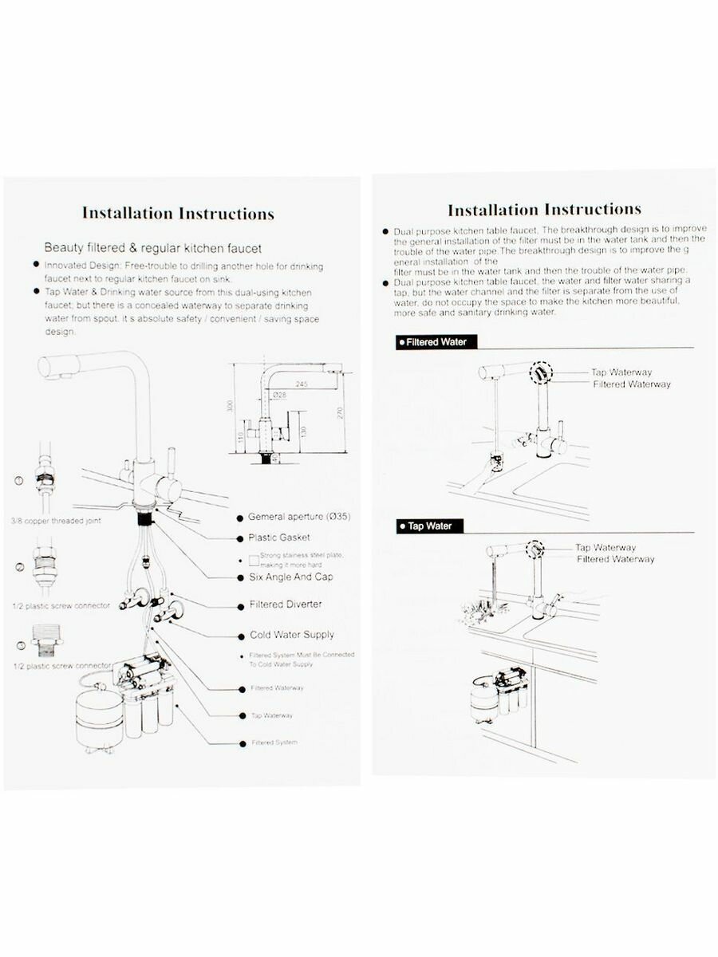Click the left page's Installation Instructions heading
point(178,214)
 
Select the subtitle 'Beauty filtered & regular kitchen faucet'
point(152,248)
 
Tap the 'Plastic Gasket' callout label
point(279,538)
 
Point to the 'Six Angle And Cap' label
point(290,577)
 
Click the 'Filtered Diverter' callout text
point(286,605)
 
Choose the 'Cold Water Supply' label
point(290,635)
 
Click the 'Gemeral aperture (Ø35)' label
point(299,517)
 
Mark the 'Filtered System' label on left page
point(274,742)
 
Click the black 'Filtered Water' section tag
point(437,342)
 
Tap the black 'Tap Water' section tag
point(429,526)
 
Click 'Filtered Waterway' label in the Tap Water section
point(615,560)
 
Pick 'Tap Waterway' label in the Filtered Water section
point(621,372)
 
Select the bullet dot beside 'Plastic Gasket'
point(240,538)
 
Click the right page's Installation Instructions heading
point(544,210)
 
